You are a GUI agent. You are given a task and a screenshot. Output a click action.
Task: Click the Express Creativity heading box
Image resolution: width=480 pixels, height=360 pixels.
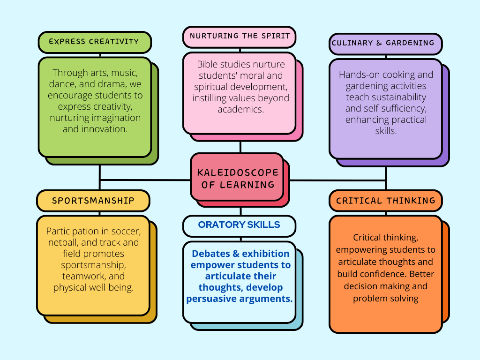(x=94, y=42)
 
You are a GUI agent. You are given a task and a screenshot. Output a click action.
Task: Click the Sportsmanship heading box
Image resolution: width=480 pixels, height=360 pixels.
(x=93, y=201)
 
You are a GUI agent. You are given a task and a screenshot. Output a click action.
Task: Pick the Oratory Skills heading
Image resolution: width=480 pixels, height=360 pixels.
(x=239, y=225)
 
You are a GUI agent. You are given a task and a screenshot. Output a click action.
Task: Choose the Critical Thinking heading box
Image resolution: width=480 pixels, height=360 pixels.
(x=385, y=201)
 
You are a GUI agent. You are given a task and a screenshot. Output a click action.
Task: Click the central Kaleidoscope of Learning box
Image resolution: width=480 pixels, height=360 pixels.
(x=237, y=178)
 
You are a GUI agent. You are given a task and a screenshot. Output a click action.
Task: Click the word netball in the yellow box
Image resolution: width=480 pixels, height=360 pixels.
(x=63, y=243)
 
